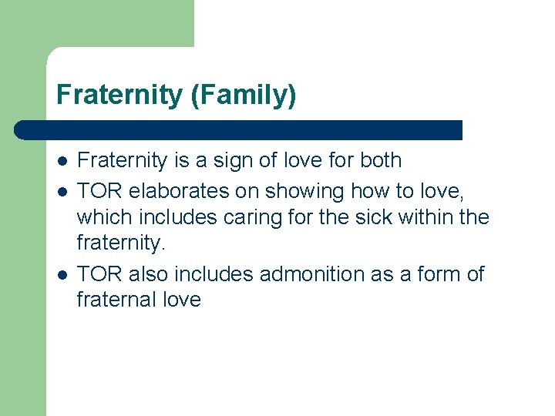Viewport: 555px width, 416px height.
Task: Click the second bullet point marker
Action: pyautogui.click(x=61, y=190)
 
